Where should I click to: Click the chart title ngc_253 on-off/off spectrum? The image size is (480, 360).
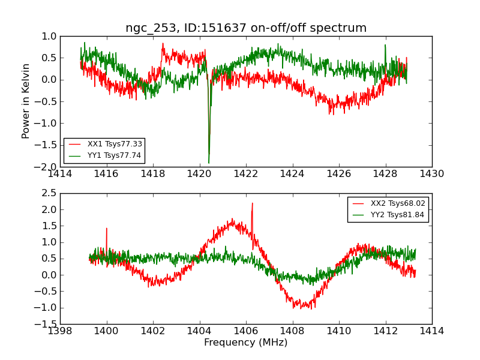point(246,28)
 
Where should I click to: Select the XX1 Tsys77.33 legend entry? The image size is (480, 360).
point(105,145)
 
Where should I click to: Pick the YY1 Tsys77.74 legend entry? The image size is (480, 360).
point(105,155)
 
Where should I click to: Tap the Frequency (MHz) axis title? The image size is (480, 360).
point(246,343)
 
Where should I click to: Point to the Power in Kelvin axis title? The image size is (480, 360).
point(26,101)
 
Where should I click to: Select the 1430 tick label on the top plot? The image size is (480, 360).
point(431,174)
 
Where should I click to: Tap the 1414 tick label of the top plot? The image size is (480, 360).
point(60,174)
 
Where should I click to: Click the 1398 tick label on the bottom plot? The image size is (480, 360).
point(60,331)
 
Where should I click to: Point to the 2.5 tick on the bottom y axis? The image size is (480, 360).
point(49,193)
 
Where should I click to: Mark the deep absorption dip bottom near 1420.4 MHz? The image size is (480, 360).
point(209,163)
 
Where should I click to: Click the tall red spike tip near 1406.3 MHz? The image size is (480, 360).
point(252,203)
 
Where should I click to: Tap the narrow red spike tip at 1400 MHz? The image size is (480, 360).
point(107,228)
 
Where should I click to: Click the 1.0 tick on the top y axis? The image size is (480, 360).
point(49,37)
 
